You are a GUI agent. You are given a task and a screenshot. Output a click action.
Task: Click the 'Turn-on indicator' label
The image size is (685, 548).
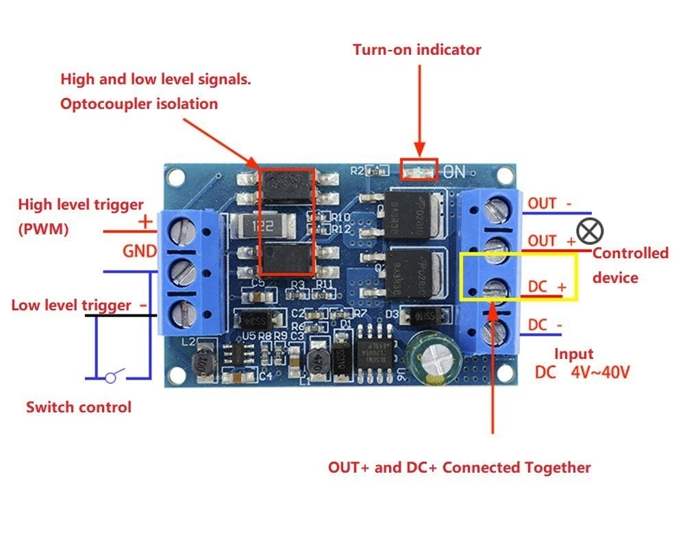pyautogui.click(x=416, y=50)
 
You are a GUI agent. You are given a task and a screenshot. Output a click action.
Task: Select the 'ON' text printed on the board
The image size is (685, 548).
pyautogui.click(x=455, y=171)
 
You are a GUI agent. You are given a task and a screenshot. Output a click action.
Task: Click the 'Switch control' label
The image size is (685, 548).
pyautogui.click(x=78, y=407)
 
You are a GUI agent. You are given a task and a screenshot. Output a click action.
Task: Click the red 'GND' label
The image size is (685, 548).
pyautogui.click(x=140, y=251)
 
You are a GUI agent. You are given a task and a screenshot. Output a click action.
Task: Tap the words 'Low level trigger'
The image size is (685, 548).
pyautogui.click(x=71, y=305)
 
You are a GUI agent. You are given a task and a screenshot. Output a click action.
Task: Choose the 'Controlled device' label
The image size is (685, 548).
pyautogui.click(x=630, y=265)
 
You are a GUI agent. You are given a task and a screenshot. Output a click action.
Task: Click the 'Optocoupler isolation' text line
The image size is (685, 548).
pyautogui.click(x=139, y=104)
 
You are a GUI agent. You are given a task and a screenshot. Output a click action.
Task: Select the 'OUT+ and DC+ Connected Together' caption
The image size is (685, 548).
pyautogui.click(x=459, y=468)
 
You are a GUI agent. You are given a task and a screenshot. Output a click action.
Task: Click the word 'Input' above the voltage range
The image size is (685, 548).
pyautogui.click(x=573, y=353)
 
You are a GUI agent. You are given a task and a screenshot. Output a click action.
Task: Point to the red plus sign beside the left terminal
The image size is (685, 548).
pyautogui.click(x=145, y=222)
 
